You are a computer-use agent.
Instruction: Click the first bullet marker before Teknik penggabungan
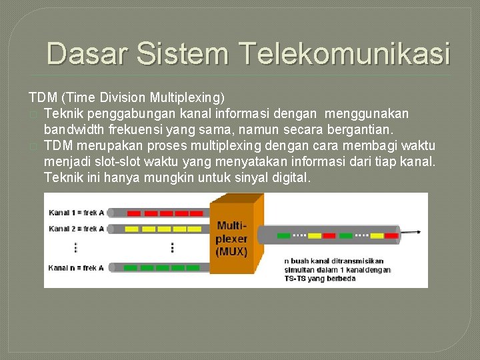(x=33, y=114)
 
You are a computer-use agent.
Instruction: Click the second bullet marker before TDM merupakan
(x=33, y=146)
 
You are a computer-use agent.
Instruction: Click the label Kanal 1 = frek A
(x=76, y=213)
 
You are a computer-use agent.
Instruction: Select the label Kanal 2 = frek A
(x=76, y=229)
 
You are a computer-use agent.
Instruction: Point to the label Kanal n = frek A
(x=76, y=267)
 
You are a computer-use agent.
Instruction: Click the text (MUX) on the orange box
(x=231, y=251)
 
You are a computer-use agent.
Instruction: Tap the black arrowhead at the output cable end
(x=418, y=233)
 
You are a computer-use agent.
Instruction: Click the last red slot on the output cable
(x=391, y=235)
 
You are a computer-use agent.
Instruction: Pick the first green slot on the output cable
(x=283, y=235)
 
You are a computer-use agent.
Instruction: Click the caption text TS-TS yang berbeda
(x=320, y=278)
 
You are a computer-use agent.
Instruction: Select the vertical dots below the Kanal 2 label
(x=75, y=247)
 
